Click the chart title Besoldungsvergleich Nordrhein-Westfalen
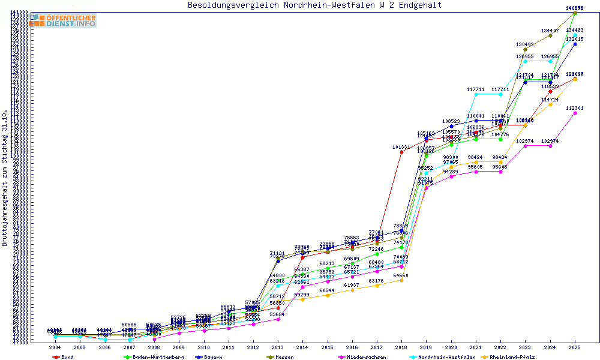pyautogui.click(x=314, y=5)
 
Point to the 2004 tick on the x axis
pyautogui.click(x=55, y=347)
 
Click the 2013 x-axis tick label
pyautogui.click(x=278, y=347)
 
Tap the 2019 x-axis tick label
pyautogui.click(x=427, y=347)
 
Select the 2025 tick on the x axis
pyautogui.click(x=575, y=347)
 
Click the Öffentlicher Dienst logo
pyautogui.click(x=64, y=20)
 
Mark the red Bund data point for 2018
pyautogui.click(x=401, y=152)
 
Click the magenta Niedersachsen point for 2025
pyautogui.click(x=575, y=113)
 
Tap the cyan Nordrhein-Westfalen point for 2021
pyautogui.click(x=476, y=94)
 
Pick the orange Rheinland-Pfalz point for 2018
pyautogui.click(x=401, y=280)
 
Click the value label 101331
pyautogui.click(x=401, y=147)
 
